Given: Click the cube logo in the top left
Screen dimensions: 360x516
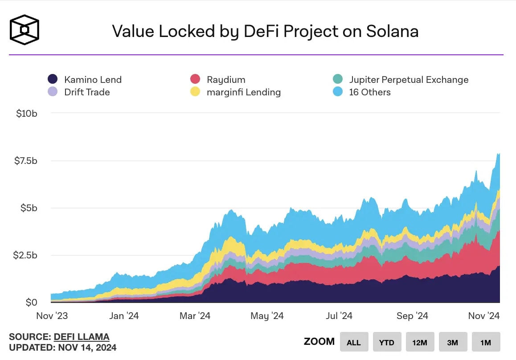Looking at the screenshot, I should pos(25,30).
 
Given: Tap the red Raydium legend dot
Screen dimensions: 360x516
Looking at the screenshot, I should pos(195,80).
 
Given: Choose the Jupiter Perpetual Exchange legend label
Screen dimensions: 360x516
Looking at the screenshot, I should pos(409,80).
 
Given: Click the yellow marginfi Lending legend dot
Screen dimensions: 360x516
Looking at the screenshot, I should pos(195,92).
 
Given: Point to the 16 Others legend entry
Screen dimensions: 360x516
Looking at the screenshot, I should pos(369,92).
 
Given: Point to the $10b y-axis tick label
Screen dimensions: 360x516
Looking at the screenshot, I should pos(26,113).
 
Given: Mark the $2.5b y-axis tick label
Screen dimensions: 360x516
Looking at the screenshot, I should pos(25,255).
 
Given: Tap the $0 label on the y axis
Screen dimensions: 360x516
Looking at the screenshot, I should pos(31,303).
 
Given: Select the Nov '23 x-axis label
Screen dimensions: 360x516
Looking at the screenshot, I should pos(51,315).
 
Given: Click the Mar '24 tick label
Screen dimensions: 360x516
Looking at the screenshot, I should pos(195,315).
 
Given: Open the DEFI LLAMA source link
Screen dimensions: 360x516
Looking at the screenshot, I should pos(81,337).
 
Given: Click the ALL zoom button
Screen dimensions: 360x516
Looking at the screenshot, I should pos(353,342).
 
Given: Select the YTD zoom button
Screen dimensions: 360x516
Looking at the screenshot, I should pos(387,342).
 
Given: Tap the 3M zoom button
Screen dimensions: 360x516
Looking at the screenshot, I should pos(452,342).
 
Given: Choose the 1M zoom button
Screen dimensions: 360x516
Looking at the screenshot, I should pos(486,342).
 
